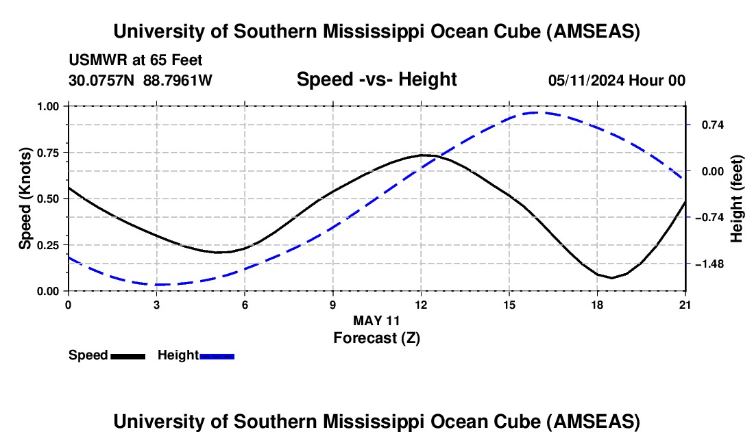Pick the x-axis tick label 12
click(x=421, y=305)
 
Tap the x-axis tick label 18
click(x=597, y=305)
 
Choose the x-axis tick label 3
click(x=156, y=305)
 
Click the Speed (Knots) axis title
click(x=25, y=199)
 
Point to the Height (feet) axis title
click(x=736, y=199)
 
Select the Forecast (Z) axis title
click(x=376, y=338)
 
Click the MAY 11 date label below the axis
click(x=376, y=320)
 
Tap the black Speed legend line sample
click(x=127, y=356)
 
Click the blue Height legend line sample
click(x=217, y=356)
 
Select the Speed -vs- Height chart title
click(x=376, y=80)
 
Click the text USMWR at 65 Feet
click(x=135, y=61)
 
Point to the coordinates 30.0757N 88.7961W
click(x=141, y=81)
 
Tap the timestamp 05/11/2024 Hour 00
click(x=616, y=81)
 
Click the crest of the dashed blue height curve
click(x=537, y=112)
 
